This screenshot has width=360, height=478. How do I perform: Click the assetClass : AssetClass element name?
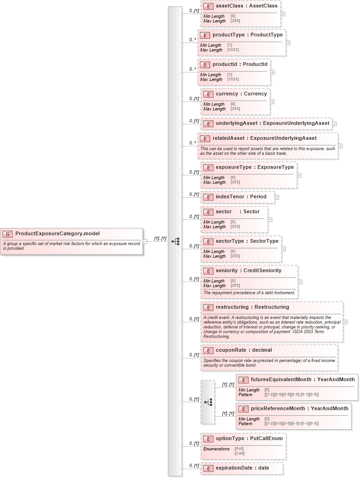click(246, 6)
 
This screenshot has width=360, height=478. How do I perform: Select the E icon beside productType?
click(205, 35)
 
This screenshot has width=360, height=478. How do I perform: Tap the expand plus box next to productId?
click(273, 72)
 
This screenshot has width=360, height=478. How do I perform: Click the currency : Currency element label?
click(241, 94)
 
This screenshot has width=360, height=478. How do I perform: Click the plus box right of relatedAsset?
click(340, 146)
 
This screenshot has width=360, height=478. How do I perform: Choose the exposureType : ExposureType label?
click(255, 167)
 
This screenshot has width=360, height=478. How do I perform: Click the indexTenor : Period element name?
click(241, 197)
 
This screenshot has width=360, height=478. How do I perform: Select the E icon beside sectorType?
click(208, 241)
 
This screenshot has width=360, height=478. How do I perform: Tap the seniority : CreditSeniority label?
click(248, 271)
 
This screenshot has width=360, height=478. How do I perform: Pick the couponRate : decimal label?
click(243, 350)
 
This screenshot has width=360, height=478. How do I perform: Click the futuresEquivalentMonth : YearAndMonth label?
click(302, 380)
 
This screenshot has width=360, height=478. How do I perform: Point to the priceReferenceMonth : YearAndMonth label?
click(299, 409)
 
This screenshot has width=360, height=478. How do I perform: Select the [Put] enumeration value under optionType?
click(239, 449)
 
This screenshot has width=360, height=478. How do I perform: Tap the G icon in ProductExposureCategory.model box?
click(7, 234)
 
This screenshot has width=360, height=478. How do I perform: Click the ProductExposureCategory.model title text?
click(57, 234)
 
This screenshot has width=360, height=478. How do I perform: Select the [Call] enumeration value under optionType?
click(239, 453)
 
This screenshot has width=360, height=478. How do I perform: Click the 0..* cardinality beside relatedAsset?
click(192, 143)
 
